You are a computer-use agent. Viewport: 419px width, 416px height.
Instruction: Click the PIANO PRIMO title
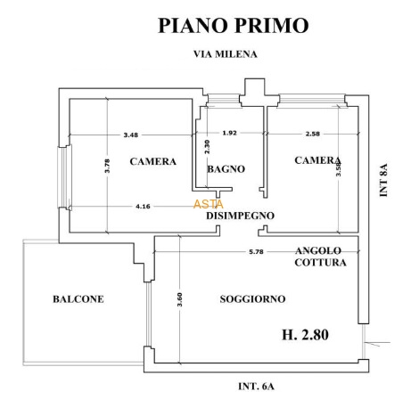[234, 25]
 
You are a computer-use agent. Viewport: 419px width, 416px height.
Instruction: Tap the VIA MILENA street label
[226, 54]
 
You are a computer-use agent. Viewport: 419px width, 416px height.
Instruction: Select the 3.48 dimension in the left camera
[131, 135]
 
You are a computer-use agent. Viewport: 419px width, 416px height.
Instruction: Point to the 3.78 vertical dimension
[107, 166]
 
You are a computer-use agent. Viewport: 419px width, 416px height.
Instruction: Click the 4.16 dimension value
[143, 206]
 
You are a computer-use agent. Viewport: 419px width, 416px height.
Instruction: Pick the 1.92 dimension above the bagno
[230, 133]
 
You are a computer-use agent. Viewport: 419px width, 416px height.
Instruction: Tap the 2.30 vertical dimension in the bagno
[207, 147]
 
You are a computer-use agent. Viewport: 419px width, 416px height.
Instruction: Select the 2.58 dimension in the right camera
[313, 134]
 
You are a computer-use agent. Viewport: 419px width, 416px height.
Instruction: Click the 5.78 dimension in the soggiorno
[256, 252]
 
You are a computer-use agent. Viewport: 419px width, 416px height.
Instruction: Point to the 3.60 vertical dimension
[179, 300]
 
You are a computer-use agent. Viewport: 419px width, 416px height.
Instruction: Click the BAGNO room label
[226, 169]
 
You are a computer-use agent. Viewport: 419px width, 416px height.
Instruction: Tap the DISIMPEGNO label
[240, 216]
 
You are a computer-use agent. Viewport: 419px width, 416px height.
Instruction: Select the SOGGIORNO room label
[252, 299]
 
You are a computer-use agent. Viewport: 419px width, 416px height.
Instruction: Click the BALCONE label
[78, 299]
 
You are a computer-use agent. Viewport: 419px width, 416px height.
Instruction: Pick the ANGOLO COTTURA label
[321, 257]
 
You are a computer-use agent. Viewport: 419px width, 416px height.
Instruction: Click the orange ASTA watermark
[209, 204]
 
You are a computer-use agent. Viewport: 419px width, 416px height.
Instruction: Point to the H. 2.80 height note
[305, 335]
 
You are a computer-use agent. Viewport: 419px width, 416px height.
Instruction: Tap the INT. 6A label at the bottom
[256, 387]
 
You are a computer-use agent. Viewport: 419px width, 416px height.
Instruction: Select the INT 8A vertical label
[383, 180]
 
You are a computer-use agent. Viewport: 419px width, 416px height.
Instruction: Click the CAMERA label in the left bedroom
[153, 161]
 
